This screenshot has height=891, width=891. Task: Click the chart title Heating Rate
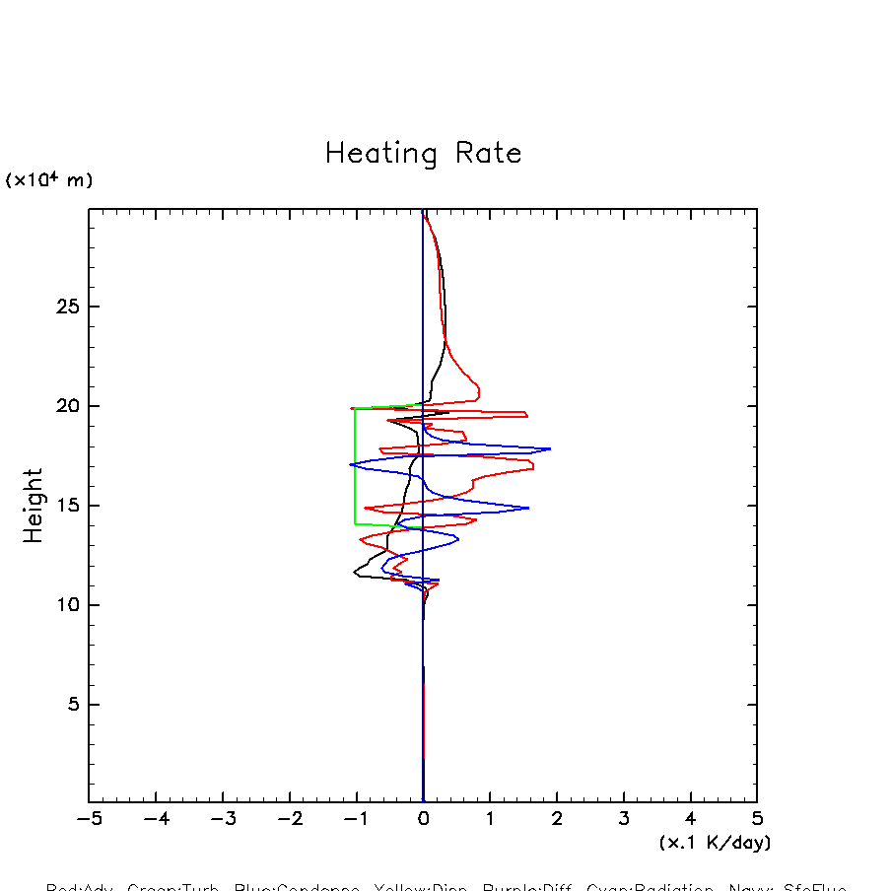tap(423, 154)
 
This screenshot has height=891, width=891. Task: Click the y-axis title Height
tap(34, 506)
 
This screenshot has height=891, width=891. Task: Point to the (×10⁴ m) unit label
tap(49, 180)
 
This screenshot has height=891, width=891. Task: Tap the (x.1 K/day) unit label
tap(715, 843)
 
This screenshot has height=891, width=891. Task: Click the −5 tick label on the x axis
tap(89, 818)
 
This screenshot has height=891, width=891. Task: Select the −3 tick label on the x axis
tap(223, 818)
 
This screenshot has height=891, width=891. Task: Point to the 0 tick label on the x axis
tap(423, 818)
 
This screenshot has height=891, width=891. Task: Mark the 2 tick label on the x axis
tap(557, 818)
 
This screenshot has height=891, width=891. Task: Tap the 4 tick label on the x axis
tap(690, 818)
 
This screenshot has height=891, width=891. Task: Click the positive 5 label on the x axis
tap(757, 818)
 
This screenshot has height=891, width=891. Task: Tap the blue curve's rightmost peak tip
tap(550, 448)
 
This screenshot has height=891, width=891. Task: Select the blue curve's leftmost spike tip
tap(350, 464)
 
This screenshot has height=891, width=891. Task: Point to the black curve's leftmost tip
tap(355, 571)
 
